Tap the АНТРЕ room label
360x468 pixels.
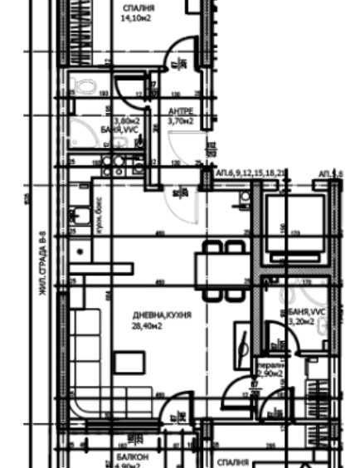[x=181, y=110]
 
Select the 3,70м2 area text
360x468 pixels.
[x=180, y=120]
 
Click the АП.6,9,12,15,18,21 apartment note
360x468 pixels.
[x=251, y=173]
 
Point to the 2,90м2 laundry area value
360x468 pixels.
[x=270, y=374]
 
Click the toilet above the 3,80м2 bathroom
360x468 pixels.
[x=83, y=84]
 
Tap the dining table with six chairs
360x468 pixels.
[x=221, y=270]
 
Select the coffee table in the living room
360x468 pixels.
[x=127, y=363]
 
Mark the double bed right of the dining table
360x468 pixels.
[x=294, y=222]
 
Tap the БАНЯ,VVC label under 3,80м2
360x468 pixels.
[x=124, y=130]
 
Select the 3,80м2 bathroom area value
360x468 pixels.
[x=127, y=120]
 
